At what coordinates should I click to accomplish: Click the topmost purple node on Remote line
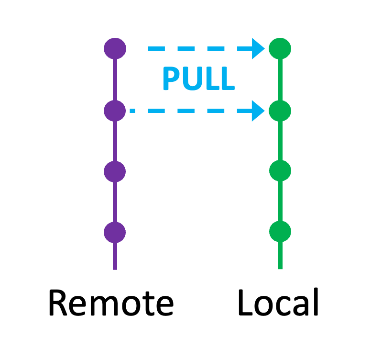(x=115, y=48)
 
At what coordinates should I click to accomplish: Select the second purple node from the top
(x=115, y=111)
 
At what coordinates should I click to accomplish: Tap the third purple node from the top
(x=115, y=171)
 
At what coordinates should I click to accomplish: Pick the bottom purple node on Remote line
(x=115, y=232)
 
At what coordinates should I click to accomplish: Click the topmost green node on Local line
(x=280, y=48)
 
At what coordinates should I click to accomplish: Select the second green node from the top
(x=280, y=111)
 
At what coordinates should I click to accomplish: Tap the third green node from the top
(x=280, y=170)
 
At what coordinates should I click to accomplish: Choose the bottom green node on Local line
(x=280, y=232)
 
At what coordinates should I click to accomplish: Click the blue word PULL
(x=198, y=79)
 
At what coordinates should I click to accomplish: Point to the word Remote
(x=110, y=303)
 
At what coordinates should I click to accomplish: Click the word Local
(x=278, y=303)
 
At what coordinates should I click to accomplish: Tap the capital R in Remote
(x=58, y=303)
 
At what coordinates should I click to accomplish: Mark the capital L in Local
(x=245, y=303)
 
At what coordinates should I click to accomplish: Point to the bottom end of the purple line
(x=115, y=268)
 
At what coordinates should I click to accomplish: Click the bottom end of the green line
(x=280, y=267)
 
